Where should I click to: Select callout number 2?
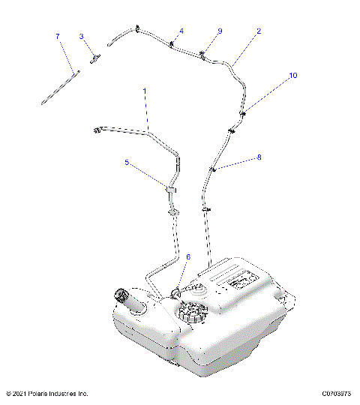pyautogui.click(x=259, y=31)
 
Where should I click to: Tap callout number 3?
pyautogui.click(x=82, y=36)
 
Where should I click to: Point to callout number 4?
pyautogui.click(x=180, y=31)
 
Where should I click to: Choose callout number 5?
pyautogui.click(x=127, y=162)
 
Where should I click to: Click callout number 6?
pyautogui.click(x=187, y=256)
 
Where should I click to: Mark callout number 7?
pyautogui.click(x=57, y=36)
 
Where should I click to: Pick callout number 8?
pyautogui.click(x=259, y=157)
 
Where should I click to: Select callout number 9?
pyautogui.click(x=220, y=31)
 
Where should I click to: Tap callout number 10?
pyautogui.click(x=292, y=76)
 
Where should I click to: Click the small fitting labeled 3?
pyautogui.click(x=95, y=58)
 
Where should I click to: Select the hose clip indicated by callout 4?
pyautogui.click(x=172, y=45)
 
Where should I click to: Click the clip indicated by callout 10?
pyautogui.click(x=242, y=113)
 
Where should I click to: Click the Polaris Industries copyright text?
pyautogui.click(x=46, y=393)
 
